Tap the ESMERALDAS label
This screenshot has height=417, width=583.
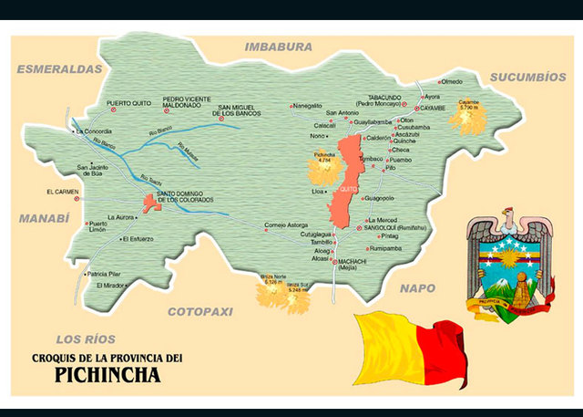58,68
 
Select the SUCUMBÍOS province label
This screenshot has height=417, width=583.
527,78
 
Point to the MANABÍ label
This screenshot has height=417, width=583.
44,218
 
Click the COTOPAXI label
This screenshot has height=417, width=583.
200,311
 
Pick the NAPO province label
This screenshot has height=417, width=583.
420,288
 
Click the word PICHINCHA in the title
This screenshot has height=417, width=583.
107,373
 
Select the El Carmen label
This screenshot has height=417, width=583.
62,192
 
